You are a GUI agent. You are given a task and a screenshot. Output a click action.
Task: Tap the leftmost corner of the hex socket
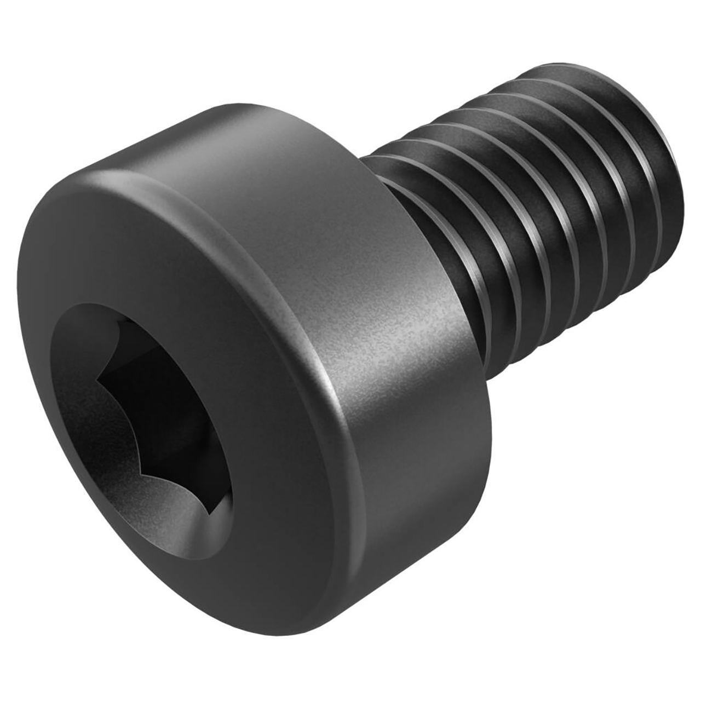pos(97,378)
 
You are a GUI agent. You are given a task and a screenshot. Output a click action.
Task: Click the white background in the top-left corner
pos(33,33)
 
